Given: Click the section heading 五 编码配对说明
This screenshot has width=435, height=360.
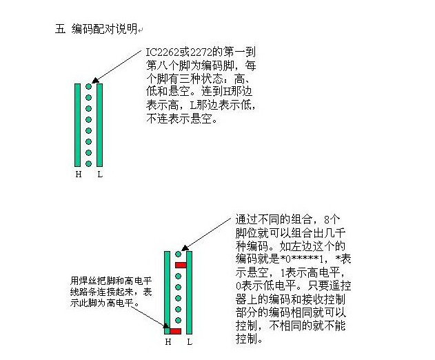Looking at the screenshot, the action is [x=96, y=29].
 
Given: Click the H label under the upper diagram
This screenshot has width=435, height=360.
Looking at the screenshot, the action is [x=79, y=174].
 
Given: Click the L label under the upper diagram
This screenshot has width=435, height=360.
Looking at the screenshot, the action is [x=100, y=174].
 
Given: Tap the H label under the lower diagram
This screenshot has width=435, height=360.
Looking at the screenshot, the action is [x=168, y=341].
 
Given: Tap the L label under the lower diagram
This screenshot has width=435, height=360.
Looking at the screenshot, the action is [x=190, y=341].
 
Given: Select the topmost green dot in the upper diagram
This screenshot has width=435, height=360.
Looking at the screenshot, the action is [x=88, y=87].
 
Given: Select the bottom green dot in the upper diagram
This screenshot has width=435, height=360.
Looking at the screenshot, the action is [x=88, y=163].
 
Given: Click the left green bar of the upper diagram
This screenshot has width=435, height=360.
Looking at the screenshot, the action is [x=78, y=126].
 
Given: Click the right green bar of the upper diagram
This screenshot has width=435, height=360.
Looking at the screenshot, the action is [x=99, y=126].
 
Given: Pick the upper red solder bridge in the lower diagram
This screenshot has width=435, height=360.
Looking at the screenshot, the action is [x=181, y=266].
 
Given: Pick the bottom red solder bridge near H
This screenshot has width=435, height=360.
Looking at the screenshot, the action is [x=175, y=331].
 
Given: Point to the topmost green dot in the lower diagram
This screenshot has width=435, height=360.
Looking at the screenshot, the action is [x=178, y=254].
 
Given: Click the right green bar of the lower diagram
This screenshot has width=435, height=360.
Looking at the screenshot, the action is [x=189, y=292].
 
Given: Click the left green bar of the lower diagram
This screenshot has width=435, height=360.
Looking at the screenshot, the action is [x=167, y=292].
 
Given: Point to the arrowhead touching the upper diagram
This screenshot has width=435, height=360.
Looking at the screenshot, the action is [x=95, y=81].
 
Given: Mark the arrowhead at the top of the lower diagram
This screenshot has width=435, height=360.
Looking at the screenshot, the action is [x=185, y=248].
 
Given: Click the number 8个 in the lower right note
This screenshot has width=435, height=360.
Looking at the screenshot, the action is [x=332, y=219].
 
